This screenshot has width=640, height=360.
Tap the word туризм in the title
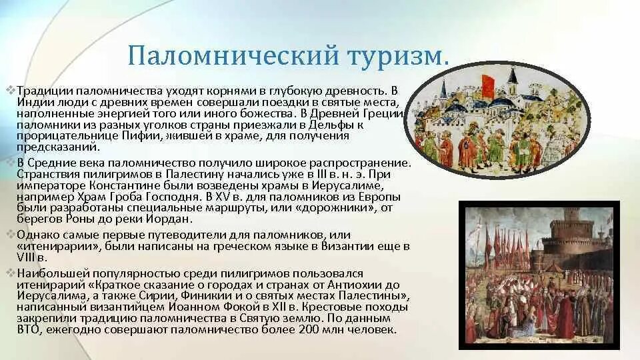(x=393, y=55)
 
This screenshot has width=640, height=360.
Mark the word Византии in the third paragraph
(x=346, y=247)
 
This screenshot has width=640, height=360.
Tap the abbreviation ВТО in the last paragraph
(x=30, y=330)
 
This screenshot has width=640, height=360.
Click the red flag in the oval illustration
(x=489, y=85)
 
